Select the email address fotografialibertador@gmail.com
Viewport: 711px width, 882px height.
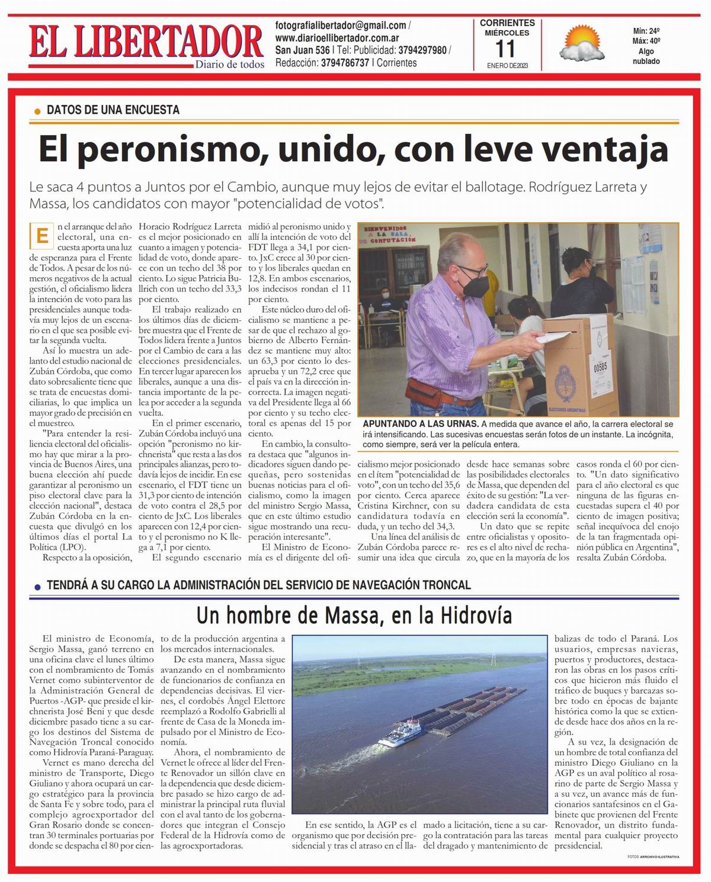(x=341, y=25)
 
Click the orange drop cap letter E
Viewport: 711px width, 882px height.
(x=41, y=235)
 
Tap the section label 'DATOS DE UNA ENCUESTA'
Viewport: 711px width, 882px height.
(x=113, y=110)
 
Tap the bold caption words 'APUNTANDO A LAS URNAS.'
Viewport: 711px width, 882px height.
(x=420, y=424)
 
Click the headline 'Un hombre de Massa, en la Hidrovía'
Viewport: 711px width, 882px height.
(x=354, y=617)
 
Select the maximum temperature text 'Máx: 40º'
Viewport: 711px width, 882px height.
(x=646, y=41)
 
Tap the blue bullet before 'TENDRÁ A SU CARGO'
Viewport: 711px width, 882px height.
(x=37, y=587)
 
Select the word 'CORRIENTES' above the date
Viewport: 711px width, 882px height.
(x=507, y=23)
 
